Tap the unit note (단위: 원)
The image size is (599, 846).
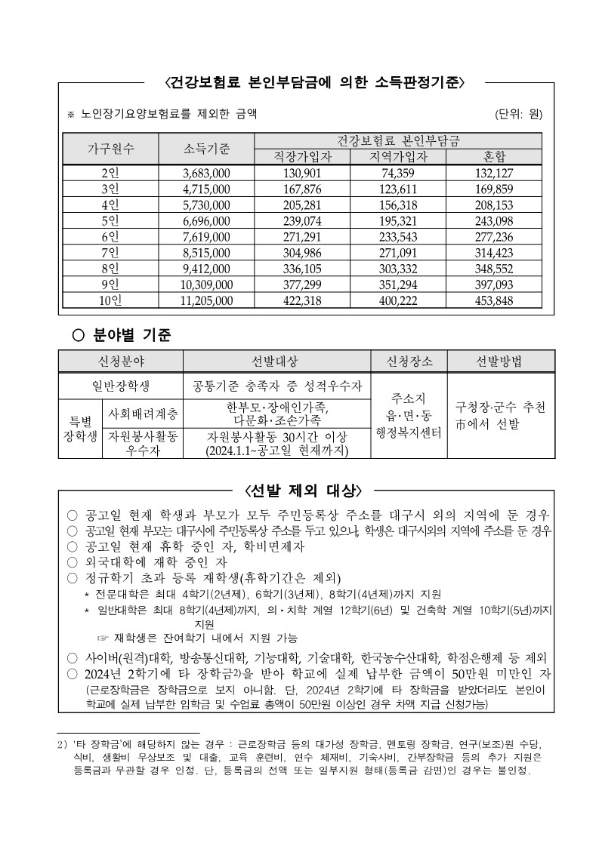(518, 115)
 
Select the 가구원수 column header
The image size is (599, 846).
(110, 148)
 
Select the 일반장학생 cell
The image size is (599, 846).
(120, 386)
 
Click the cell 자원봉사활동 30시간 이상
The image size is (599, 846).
(277, 438)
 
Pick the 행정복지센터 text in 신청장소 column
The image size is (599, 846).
(409, 432)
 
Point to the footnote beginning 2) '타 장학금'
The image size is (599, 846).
(302, 743)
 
